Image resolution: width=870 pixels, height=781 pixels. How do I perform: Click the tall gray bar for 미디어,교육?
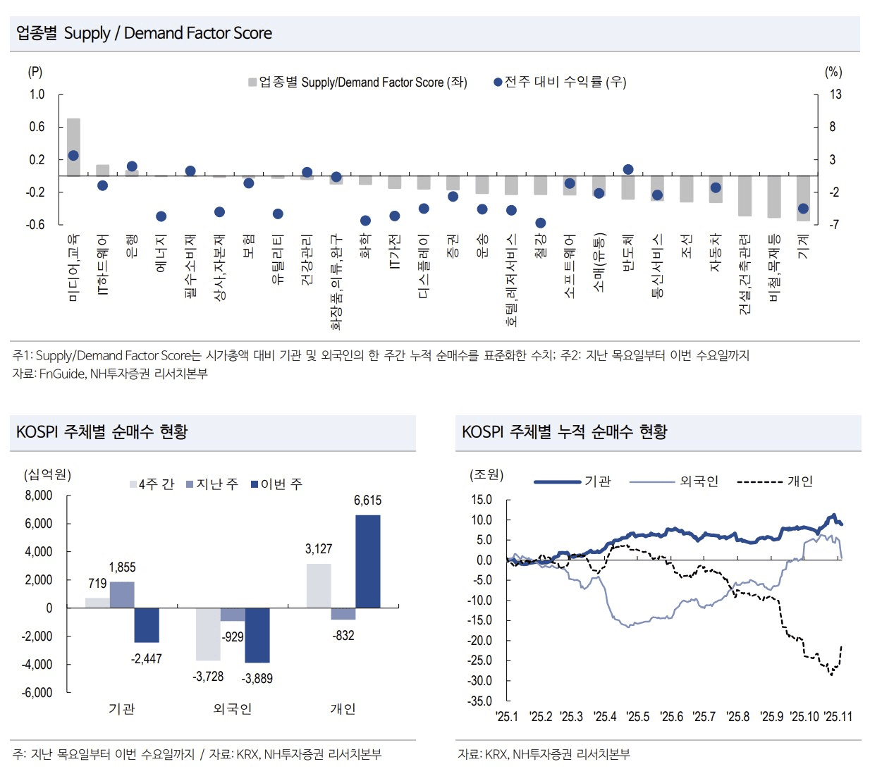pos(73,147)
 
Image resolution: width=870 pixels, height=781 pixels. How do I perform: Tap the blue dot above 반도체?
pos(628,169)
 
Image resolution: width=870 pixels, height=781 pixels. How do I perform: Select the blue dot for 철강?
pos(541,223)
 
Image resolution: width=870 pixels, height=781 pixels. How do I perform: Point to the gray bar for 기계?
pos(803,198)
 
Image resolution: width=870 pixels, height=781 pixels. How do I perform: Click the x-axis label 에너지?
pos(161,254)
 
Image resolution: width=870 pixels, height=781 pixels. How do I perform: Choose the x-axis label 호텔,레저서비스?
pos(512,280)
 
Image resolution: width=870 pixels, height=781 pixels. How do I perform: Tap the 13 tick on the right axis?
pos(835,94)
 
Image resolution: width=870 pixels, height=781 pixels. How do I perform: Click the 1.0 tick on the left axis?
pos(37,94)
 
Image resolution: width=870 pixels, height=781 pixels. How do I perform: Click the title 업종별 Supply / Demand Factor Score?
pos(144,33)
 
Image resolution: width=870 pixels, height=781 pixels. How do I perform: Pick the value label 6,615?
pos(367,500)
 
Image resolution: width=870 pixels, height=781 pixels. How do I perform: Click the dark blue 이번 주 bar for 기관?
pos(147,625)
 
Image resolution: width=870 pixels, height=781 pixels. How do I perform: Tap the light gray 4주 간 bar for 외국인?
pos(208,634)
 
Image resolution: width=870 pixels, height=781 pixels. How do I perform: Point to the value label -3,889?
pos(257,678)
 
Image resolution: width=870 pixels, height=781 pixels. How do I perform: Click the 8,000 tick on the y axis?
pos(39,496)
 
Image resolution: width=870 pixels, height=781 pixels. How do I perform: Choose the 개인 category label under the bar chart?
pos(343,708)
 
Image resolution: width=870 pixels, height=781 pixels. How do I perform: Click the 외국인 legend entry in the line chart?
pos(698,481)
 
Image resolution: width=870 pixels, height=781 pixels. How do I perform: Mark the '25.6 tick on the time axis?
pos(671,717)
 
